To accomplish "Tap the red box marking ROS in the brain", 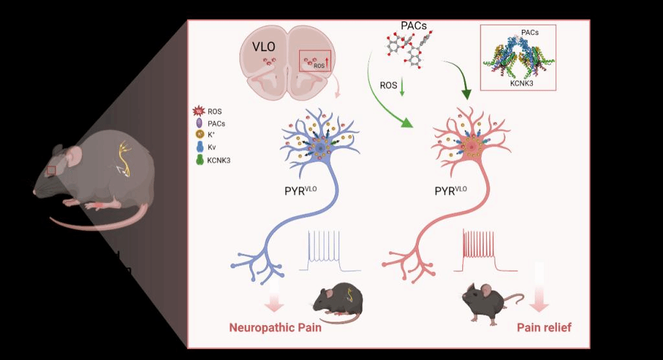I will (x=315, y=62).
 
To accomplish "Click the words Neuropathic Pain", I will (x=275, y=328).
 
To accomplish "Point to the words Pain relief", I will (x=544, y=328).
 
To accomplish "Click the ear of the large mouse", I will (x=76, y=155).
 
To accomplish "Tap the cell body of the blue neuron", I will (x=320, y=150).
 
